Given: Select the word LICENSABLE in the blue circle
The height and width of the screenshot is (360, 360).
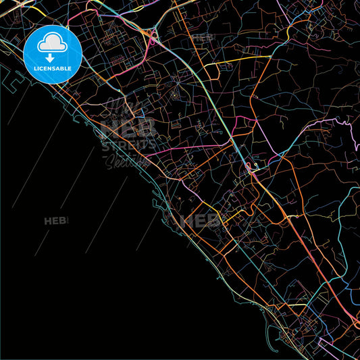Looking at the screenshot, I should tap(53, 69).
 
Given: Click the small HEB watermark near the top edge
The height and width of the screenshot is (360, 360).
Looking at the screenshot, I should tap(202, 38).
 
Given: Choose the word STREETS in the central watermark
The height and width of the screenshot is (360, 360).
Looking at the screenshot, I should tap(130, 144).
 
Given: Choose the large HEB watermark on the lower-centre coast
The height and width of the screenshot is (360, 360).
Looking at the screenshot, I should tap(200, 220).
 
